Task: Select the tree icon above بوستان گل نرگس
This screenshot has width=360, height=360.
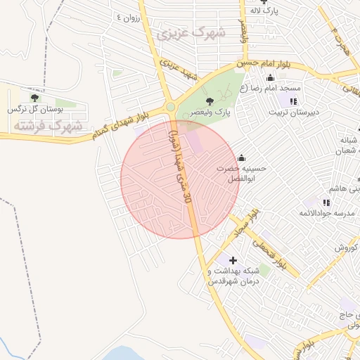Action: pos(34,98)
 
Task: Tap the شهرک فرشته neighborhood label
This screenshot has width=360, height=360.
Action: pos(48,126)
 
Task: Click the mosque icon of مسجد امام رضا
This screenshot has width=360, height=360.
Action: pos(271,77)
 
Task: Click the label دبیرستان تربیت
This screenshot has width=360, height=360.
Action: pos(295,112)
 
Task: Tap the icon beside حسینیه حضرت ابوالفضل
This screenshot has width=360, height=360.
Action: pos(242,157)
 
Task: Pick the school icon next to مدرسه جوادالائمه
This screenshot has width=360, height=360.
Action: pos(326,202)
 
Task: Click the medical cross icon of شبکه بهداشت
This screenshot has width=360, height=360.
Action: pos(233,260)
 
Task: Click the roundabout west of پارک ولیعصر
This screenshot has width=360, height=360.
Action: pos(171,107)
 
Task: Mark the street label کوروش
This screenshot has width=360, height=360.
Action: pos(345,247)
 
